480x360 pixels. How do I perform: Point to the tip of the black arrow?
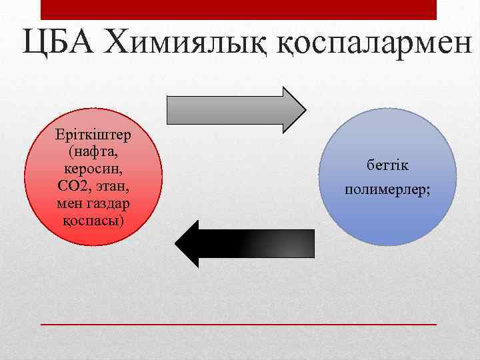pos(175,244)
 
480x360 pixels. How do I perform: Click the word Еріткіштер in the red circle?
pos(93,135)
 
